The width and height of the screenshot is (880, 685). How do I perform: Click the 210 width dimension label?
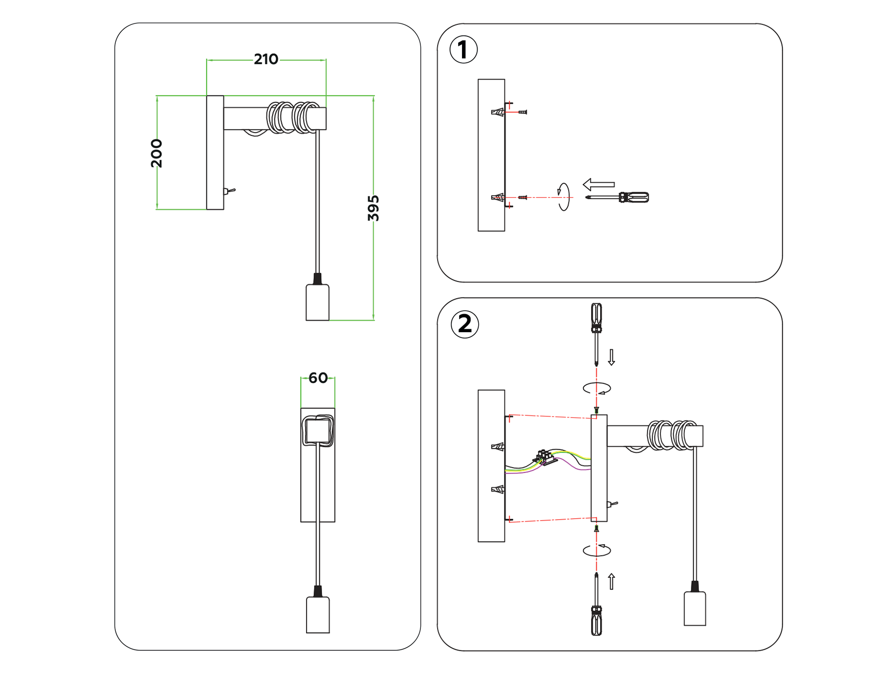tap(266, 60)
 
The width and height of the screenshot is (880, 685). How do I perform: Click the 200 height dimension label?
tap(156, 153)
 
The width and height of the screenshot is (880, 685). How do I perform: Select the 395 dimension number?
tap(374, 208)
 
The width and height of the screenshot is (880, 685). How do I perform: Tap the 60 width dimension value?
tap(318, 378)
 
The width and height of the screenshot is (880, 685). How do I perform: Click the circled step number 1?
tap(463, 49)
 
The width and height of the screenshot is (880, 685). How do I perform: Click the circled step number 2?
tap(464, 324)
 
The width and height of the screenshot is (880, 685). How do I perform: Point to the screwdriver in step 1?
tap(618, 197)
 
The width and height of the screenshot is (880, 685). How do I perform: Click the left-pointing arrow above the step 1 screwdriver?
tap(599, 184)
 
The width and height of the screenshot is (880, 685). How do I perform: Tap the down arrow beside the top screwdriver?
tap(611, 357)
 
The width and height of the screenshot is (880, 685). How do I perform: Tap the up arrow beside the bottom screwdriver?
tap(611, 581)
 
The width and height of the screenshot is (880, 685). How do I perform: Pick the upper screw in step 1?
tap(523, 113)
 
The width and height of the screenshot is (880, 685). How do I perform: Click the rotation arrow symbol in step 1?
tap(564, 197)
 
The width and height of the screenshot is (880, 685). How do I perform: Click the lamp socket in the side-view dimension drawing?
tap(317, 302)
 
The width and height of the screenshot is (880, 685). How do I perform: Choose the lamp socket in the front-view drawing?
tap(318, 614)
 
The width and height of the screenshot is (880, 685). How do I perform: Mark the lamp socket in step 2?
tap(694, 608)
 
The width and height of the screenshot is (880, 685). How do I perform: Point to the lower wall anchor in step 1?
tap(497, 198)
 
